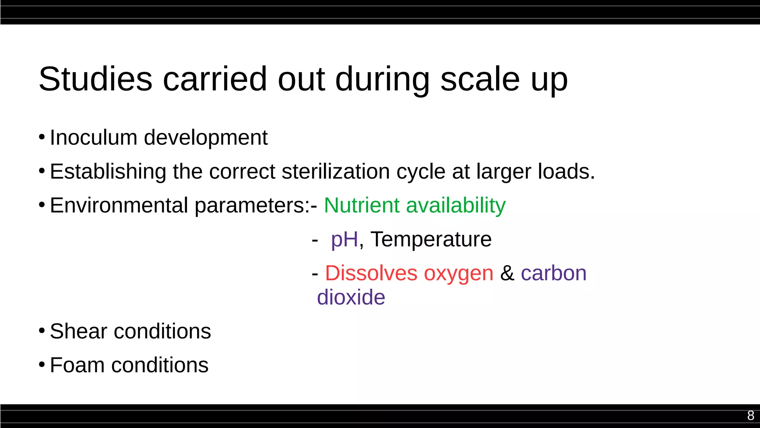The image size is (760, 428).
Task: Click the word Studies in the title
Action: pyautogui.click(x=95, y=79)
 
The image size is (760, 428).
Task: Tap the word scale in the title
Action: pyautogui.click(x=480, y=79)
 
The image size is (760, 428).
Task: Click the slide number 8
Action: pyautogui.click(x=750, y=415)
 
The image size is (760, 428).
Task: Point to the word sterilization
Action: pyautogui.click(x=335, y=172)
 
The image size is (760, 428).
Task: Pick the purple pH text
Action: pyautogui.click(x=344, y=240)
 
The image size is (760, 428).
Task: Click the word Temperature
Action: pyautogui.click(x=431, y=239)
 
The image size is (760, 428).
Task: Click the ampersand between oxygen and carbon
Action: pyautogui.click(x=507, y=273)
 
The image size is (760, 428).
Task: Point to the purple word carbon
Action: pyautogui.click(x=553, y=273)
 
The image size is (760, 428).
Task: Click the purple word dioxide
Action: pyautogui.click(x=351, y=297)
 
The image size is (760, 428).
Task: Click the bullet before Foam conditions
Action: pyautogui.click(x=42, y=365)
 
